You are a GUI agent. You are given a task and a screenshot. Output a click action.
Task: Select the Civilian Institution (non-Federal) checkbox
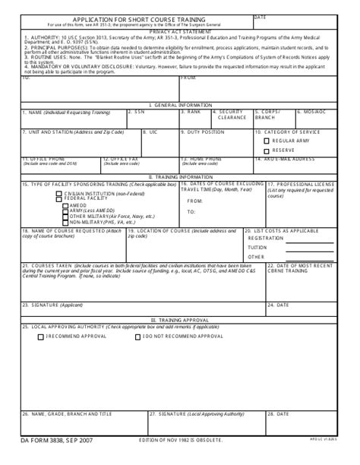59,193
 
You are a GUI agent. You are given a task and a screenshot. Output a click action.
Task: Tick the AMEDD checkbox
66,205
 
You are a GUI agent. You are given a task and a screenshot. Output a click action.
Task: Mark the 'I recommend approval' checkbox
42,335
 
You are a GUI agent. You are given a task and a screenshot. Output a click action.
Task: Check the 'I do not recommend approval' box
138,335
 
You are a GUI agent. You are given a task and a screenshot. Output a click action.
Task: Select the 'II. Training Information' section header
179,176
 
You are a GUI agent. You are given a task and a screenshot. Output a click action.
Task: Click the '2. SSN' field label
137,111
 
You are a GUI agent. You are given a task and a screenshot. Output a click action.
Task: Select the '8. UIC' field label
154,131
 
